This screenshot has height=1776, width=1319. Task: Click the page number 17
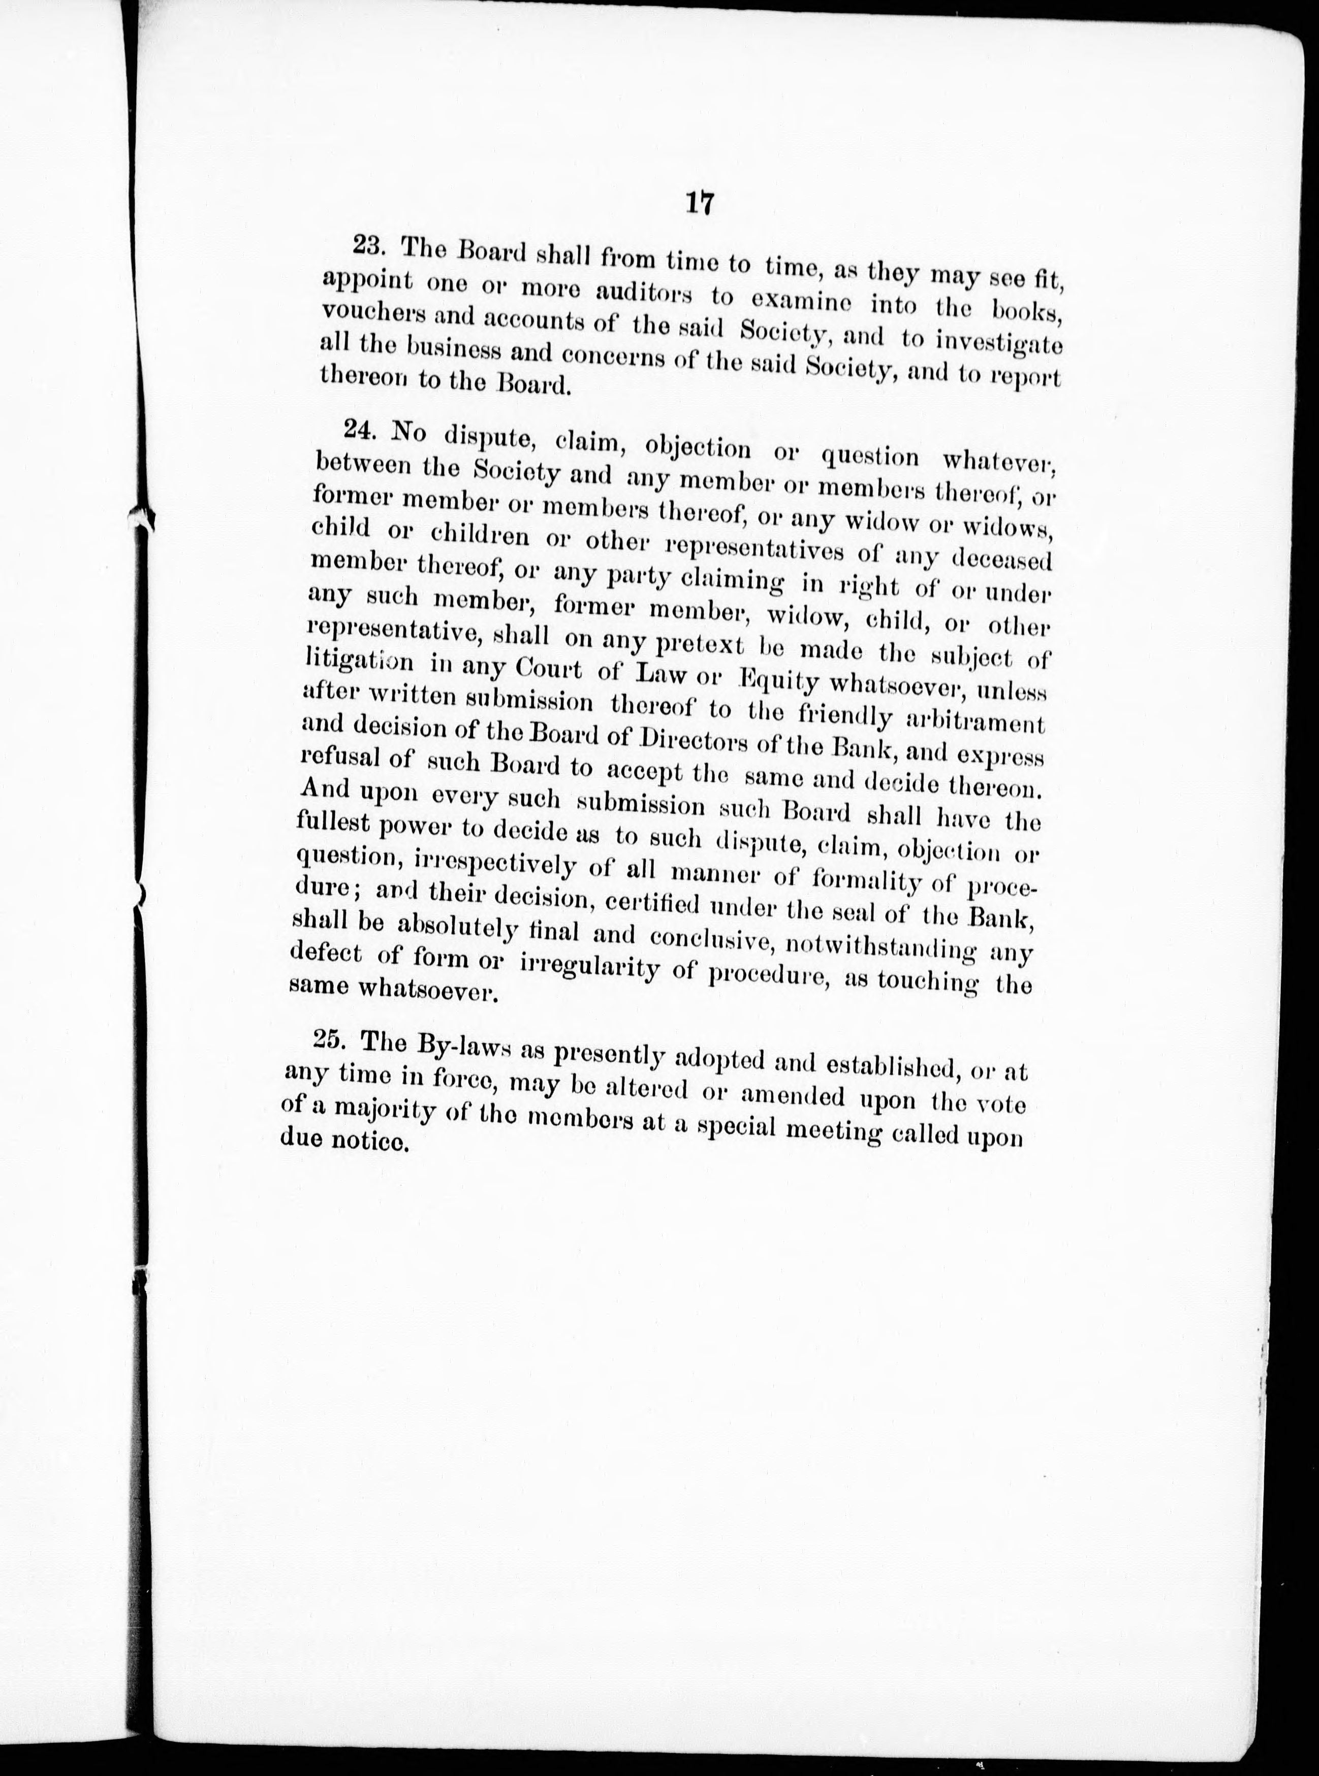point(699,204)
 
